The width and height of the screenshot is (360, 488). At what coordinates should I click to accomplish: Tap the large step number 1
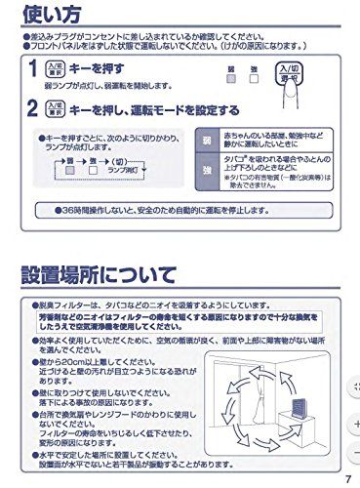click(33, 69)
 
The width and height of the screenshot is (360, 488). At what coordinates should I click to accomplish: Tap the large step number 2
click(33, 109)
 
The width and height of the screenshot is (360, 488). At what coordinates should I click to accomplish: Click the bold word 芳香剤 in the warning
click(52, 316)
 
